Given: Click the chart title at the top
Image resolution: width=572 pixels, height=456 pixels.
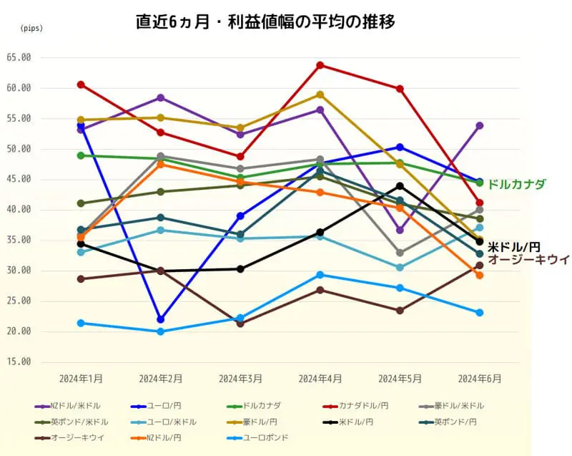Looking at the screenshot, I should (266, 21).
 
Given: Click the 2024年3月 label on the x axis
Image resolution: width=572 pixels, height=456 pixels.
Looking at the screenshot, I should (240, 377).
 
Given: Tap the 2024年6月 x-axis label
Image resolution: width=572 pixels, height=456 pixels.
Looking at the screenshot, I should (480, 377).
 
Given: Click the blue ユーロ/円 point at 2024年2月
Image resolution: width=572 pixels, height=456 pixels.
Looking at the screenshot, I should (161, 319).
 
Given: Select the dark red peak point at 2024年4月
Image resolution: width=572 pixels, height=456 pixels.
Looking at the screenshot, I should (320, 65).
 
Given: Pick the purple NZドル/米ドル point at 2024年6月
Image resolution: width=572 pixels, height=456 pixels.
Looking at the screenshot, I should (480, 125).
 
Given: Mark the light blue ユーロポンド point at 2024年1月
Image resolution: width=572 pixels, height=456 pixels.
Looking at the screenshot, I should (81, 323).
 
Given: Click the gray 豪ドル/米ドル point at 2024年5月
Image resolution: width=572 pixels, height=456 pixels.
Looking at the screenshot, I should (400, 253).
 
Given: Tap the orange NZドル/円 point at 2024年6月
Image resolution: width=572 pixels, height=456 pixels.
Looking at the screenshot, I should (480, 275).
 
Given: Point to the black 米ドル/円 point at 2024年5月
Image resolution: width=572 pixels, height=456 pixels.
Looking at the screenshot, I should (400, 186).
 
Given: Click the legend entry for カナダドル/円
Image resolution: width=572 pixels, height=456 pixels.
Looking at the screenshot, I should (365, 406).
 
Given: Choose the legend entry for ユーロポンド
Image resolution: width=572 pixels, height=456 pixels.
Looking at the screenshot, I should (267, 437).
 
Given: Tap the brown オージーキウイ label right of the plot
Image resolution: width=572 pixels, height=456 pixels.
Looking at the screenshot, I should (528, 259).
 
